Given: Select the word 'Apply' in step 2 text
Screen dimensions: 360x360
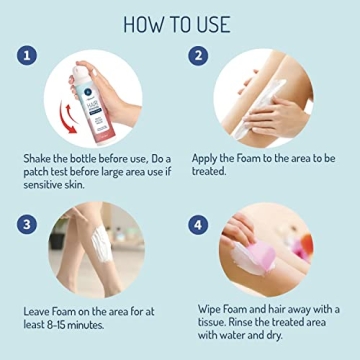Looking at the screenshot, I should click(x=209, y=159).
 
